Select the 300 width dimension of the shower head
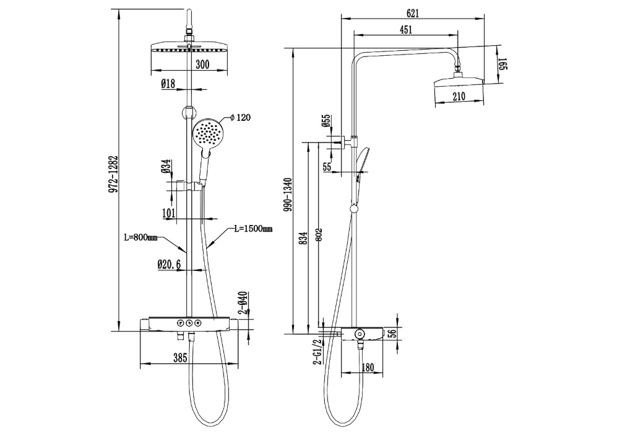pyautogui.click(x=202, y=64)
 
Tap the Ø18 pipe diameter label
pyautogui.click(x=168, y=83)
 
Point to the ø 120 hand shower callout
pyautogui.click(x=240, y=117)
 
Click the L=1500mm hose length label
pyautogui.click(x=253, y=228)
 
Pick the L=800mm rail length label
pyautogui.click(x=140, y=237)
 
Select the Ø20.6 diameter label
pyautogui.click(x=169, y=265)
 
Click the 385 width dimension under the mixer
pyautogui.click(x=179, y=358)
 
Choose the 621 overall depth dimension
pyautogui.click(x=412, y=13)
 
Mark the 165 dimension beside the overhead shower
pyautogui.click(x=503, y=64)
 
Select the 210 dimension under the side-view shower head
pyautogui.click(x=459, y=96)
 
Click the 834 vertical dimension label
pyautogui.click(x=303, y=239)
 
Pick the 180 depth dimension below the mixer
pyautogui.click(x=367, y=367)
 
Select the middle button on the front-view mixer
pyautogui.click(x=189, y=324)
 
